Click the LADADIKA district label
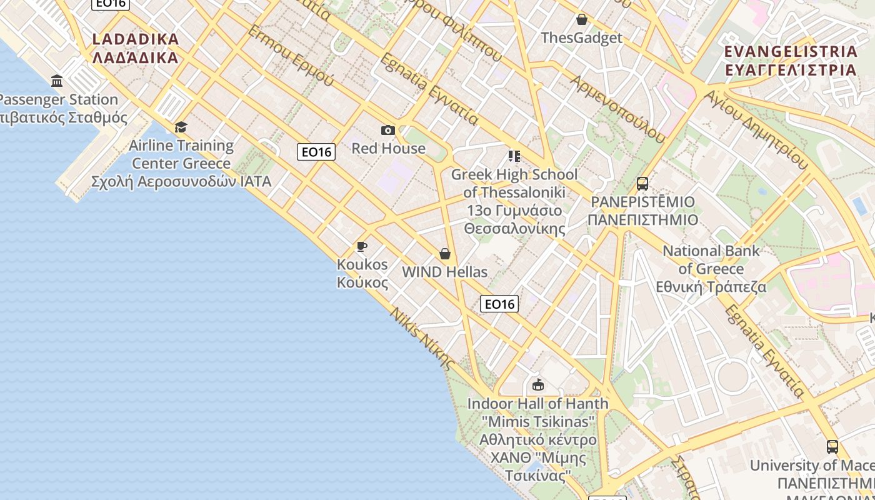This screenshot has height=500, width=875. click(136, 48)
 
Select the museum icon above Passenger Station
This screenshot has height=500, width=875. click(57, 81)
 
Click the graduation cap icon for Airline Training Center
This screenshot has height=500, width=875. click(181, 127)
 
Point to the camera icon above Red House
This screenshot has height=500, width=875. click(388, 130)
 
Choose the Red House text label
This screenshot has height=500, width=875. click(388, 148)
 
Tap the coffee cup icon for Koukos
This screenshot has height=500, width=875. click(361, 246)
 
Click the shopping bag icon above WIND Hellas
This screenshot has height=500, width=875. click(445, 254)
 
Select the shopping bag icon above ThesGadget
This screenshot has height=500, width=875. click(582, 19)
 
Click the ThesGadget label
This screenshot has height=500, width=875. click(582, 37)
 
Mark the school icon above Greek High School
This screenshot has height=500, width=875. click(514, 156)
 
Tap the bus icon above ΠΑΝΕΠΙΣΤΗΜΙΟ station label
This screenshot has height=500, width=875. click(642, 184)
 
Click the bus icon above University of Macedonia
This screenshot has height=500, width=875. click(832, 447)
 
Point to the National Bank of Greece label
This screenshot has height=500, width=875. click(711, 269)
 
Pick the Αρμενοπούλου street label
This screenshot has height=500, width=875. click(617, 109)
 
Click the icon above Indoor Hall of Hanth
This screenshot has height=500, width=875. click(537, 384)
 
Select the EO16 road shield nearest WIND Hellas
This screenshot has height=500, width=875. click(499, 304)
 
